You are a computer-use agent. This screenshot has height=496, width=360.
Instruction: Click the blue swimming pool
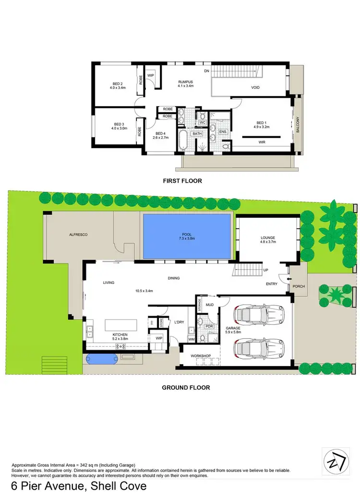[186, 236]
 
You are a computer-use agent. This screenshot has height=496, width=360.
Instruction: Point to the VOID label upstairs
[255, 88]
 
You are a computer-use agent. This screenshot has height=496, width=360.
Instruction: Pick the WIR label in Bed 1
[262, 142]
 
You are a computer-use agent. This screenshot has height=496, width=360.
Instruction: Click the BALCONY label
[298, 126]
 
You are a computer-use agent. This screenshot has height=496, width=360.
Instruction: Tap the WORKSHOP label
[200, 355]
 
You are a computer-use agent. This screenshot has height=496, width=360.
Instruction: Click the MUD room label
[209, 304]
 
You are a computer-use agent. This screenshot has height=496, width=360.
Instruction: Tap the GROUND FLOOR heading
[185, 387]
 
